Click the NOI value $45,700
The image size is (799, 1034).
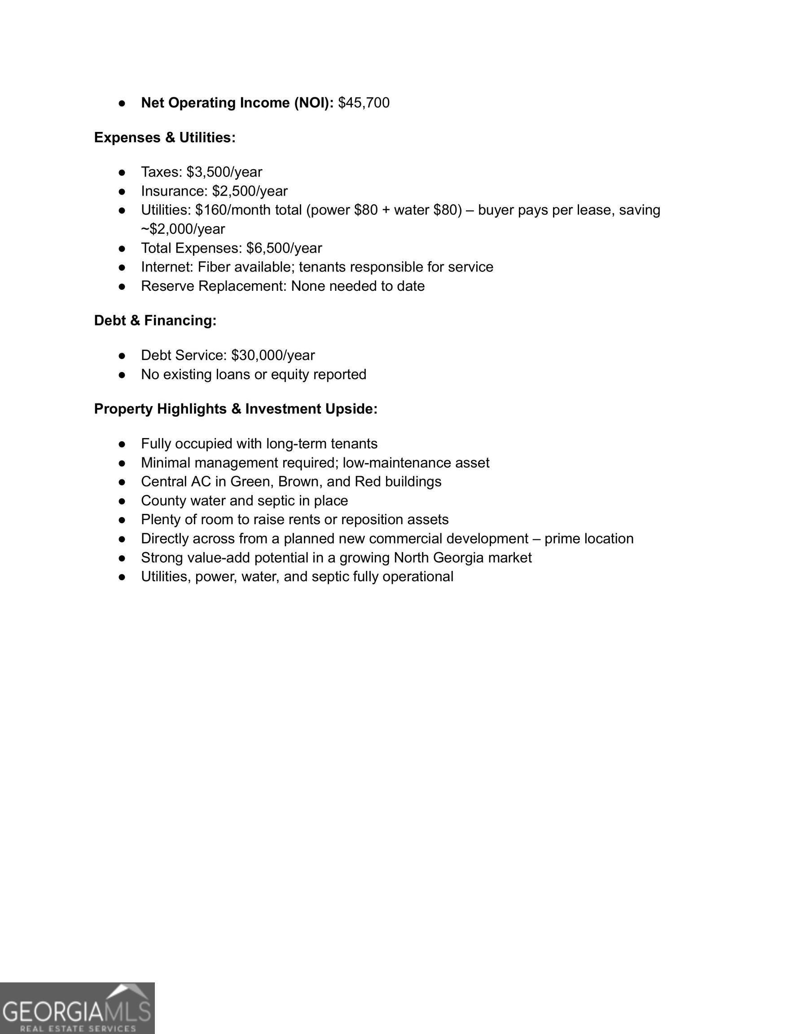[x=363, y=103]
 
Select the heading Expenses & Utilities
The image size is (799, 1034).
[x=164, y=137]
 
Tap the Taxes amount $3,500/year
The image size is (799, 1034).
[x=224, y=172]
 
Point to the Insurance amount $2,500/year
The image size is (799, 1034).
[x=250, y=191]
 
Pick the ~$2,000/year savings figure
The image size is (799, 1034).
[x=183, y=229]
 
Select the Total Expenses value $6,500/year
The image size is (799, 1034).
[x=284, y=248]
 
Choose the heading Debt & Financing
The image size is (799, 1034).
[x=155, y=320]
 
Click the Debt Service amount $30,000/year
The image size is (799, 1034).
[x=273, y=355]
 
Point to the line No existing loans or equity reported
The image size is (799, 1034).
[x=253, y=374]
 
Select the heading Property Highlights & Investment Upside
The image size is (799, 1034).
[x=235, y=409]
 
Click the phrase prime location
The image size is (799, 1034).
[x=589, y=539]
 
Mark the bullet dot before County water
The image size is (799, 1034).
[x=122, y=501]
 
